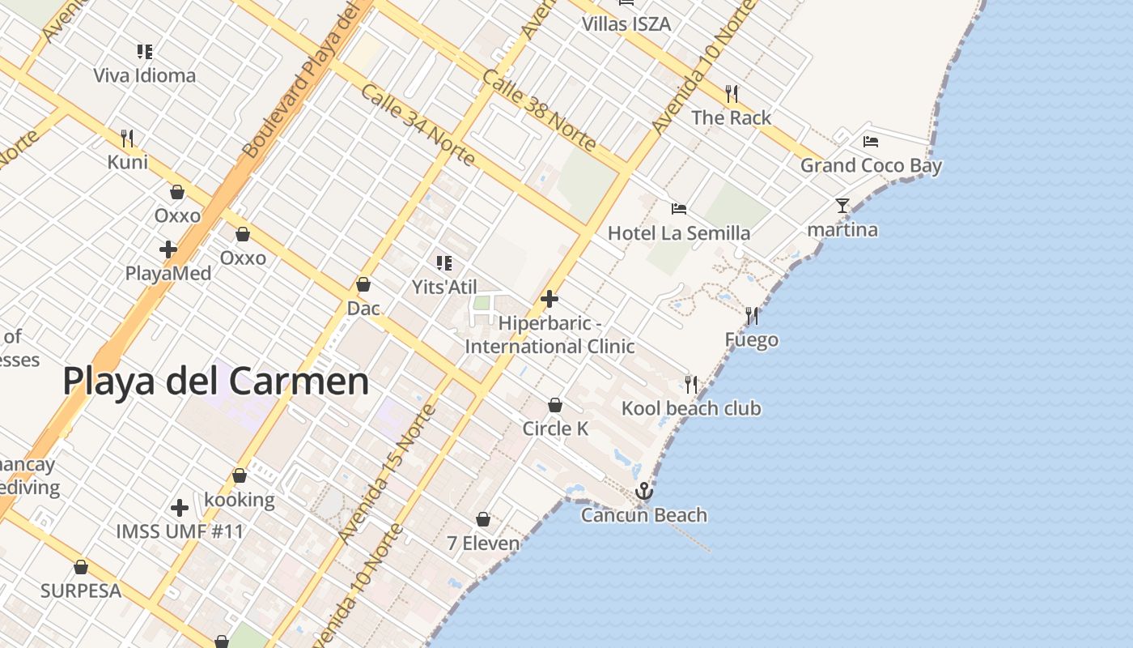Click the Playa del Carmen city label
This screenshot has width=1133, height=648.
(x=215, y=381)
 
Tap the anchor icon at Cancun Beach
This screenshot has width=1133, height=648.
(x=643, y=490)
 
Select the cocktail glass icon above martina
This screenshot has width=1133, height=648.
(x=842, y=206)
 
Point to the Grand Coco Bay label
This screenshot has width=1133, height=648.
(x=871, y=165)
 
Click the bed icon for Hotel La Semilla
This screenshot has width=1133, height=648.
(x=679, y=209)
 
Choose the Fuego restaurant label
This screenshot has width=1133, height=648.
(x=751, y=339)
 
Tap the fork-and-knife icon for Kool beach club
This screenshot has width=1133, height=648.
(x=691, y=383)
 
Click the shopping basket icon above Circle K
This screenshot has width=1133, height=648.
(x=555, y=404)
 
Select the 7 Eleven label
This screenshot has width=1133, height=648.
(x=483, y=543)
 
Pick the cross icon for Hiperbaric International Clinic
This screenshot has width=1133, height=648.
(x=550, y=299)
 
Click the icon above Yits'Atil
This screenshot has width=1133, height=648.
(x=443, y=262)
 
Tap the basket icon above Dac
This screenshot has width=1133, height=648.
(x=363, y=284)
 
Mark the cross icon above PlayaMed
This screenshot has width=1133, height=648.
(x=168, y=249)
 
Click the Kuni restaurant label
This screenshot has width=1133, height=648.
(x=128, y=162)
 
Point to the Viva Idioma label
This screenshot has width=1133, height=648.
(x=144, y=75)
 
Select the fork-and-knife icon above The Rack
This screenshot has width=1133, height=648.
(x=732, y=93)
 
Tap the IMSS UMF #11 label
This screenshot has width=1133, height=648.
(x=179, y=531)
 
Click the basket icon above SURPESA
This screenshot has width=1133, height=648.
(x=81, y=567)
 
